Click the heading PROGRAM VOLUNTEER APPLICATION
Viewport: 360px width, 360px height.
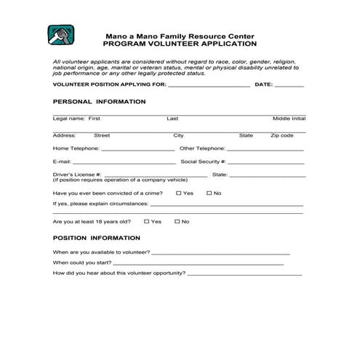tap(180, 43)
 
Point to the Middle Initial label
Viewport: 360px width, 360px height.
tap(289, 119)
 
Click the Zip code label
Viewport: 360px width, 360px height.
tap(281, 135)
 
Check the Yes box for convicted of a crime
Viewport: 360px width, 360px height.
tap(179, 193)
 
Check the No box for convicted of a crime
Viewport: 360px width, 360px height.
tap(209, 193)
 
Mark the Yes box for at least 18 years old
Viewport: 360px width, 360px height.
tap(147, 221)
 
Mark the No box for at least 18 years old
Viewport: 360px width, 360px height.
tap(176, 221)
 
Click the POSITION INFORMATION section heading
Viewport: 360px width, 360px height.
tap(97, 238)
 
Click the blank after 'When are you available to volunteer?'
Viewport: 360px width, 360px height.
tap(221, 253)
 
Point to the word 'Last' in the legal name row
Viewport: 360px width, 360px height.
tap(172, 119)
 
